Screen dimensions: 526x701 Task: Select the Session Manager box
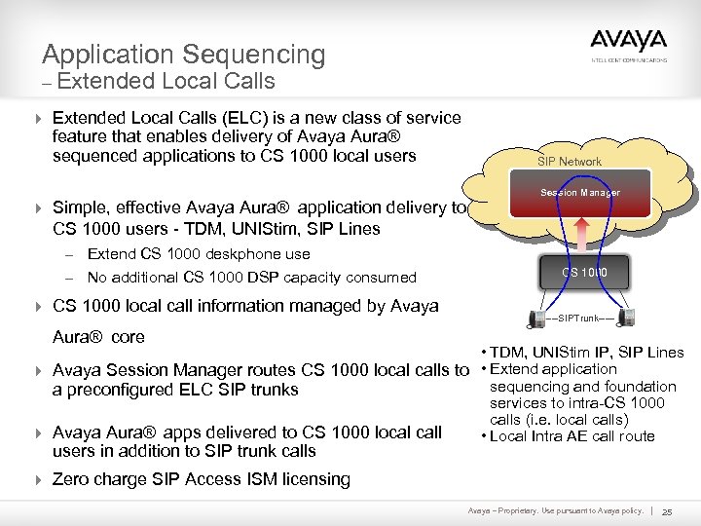click(x=579, y=193)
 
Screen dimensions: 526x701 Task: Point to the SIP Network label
click(x=571, y=162)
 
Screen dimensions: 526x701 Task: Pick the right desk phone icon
click(x=630, y=319)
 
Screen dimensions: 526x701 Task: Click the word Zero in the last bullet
click(x=72, y=479)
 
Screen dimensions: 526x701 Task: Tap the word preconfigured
click(x=125, y=390)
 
